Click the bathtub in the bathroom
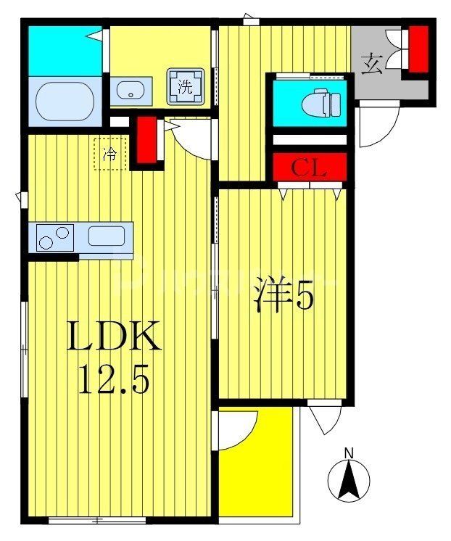65,101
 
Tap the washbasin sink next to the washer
131,91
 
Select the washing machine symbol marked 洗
186,87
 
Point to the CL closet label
310,169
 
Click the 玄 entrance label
372,64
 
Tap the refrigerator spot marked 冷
110,153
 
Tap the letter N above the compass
349,454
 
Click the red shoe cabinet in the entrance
418,49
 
